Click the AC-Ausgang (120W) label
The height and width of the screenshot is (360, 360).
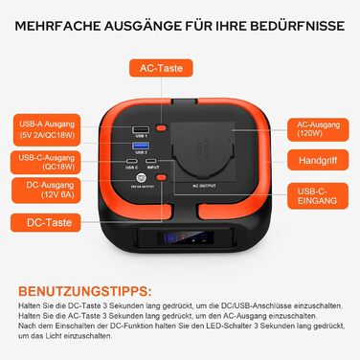pos(315,127)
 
